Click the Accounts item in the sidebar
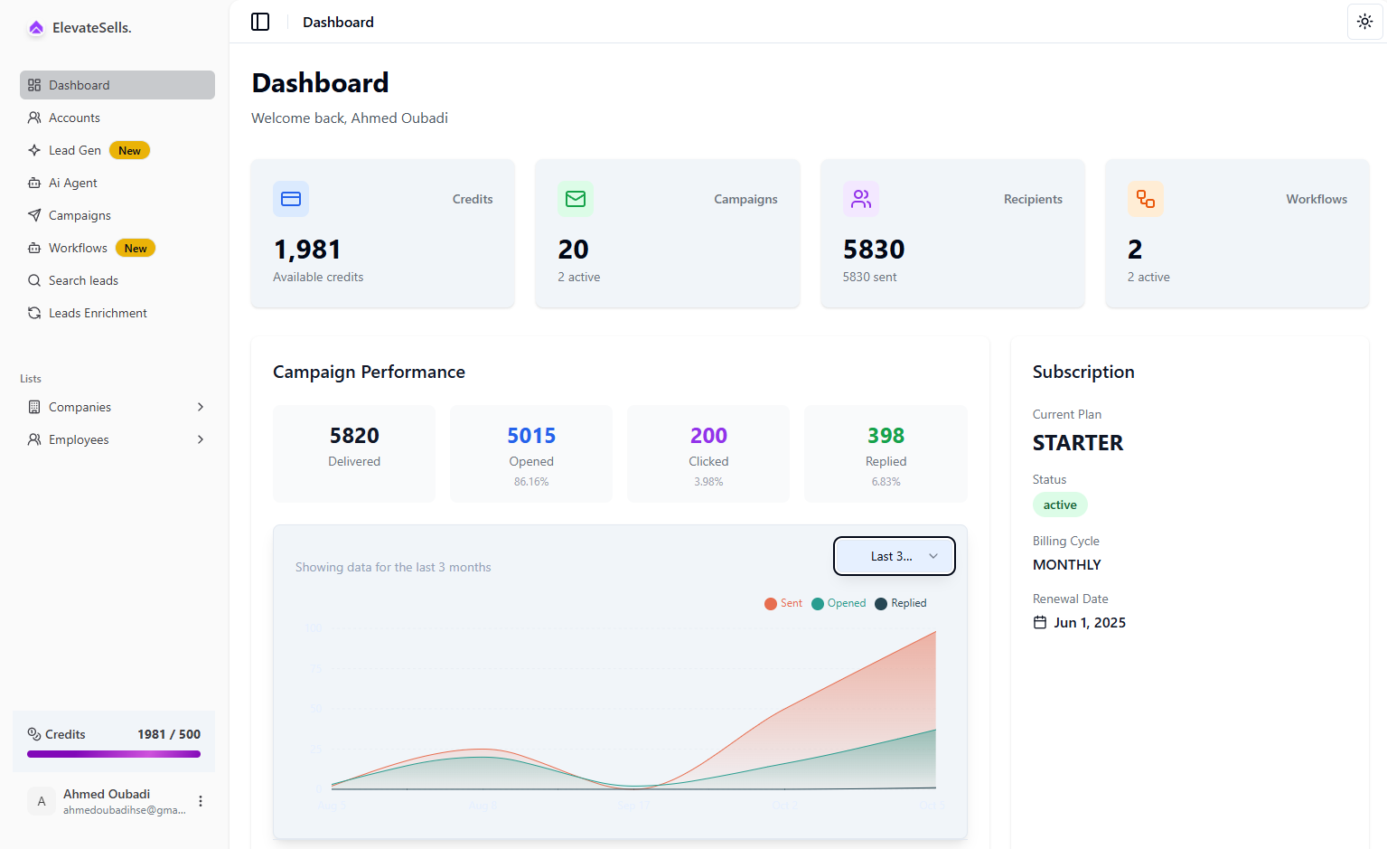(x=74, y=118)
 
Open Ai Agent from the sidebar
(x=72, y=183)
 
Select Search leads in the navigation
(x=83, y=280)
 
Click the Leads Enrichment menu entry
(x=98, y=313)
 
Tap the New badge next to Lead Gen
(x=129, y=151)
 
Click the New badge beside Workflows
(x=136, y=249)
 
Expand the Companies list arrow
(x=201, y=407)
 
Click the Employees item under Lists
(x=79, y=439)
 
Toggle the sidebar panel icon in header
(x=260, y=22)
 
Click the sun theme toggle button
(x=1364, y=22)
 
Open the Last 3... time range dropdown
(x=894, y=556)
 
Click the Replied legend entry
(x=901, y=603)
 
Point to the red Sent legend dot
(x=771, y=604)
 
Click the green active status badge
(x=1060, y=505)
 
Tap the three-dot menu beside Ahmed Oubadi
(x=201, y=801)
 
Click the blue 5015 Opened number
(x=531, y=436)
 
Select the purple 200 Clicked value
(x=708, y=436)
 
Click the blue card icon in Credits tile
(x=291, y=199)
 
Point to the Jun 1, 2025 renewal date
(x=1089, y=622)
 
